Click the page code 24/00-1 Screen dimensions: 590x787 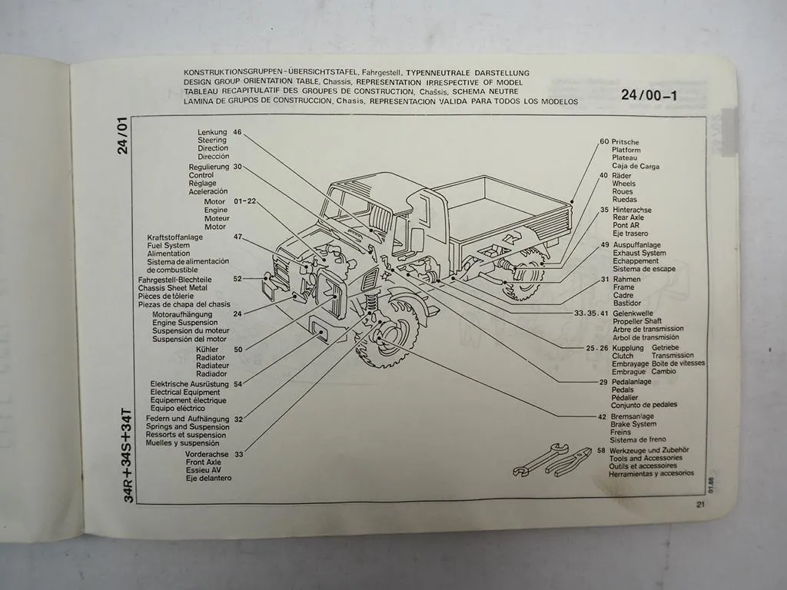tap(649, 96)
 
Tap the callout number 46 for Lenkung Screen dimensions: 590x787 tap(237, 132)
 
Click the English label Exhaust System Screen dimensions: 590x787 tap(639, 253)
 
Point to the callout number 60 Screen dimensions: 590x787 tap(604, 142)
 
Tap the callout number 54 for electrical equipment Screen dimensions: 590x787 tap(237, 383)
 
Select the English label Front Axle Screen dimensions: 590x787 tap(203, 462)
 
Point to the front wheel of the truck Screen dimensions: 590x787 tap(391, 338)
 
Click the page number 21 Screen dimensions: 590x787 tap(700, 505)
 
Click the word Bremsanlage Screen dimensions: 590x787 tap(633, 416)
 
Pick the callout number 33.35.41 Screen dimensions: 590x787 tap(591, 313)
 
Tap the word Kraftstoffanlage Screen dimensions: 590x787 tap(174, 237)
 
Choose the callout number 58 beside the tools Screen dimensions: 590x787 tap(601, 450)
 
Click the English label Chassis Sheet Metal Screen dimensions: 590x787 tap(173, 287)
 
